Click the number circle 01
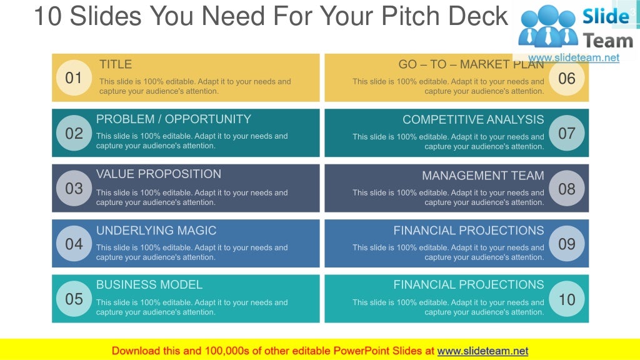[74, 78]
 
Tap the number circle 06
[566, 78]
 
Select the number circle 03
[74, 188]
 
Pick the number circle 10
[566, 299]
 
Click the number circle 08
[566, 188]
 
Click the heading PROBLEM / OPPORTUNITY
[173, 119]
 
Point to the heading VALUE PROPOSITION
[159, 174]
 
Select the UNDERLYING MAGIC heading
[156, 230]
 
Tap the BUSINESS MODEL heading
[149, 284]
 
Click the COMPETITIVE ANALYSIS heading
[473, 119]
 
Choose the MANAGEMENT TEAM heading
[482, 176]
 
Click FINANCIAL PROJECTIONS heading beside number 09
[469, 230]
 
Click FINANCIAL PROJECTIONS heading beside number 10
[469, 284]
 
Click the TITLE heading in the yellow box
[116, 64]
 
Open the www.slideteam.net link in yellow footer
[482, 351]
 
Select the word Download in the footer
[136, 351]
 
